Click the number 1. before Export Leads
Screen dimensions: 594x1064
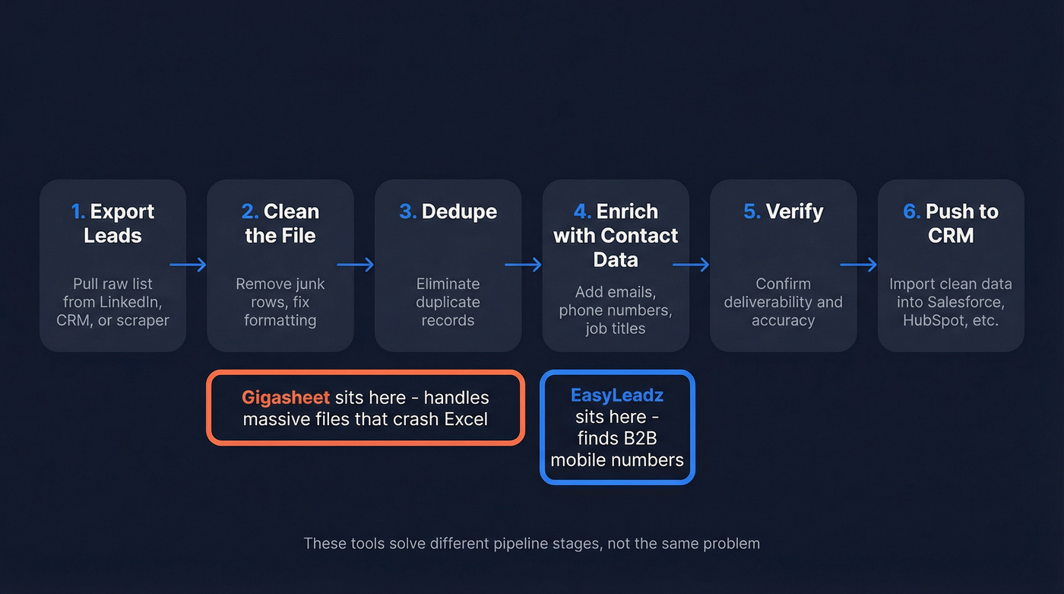tap(78, 211)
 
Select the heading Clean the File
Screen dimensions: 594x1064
tap(280, 224)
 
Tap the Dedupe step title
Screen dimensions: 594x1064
tap(448, 211)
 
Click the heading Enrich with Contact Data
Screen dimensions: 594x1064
tap(616, 235)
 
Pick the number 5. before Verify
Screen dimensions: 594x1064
tap(752, 211)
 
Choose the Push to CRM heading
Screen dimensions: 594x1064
tap(951, 224)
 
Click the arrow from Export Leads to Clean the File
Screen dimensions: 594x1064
tap(188, 265)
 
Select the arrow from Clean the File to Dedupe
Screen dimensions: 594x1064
tap(355, 265)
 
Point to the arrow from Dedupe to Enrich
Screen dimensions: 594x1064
tap(523, 265)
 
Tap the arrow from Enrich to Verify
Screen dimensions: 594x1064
tap(690, 265)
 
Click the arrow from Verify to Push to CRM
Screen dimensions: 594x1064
tap(858, 265)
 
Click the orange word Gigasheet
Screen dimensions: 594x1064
tap(286, 397)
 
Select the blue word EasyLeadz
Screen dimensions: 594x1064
tap(617, 395)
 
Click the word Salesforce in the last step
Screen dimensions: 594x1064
tap(967, 302)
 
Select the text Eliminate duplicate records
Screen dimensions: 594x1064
tap(448, 302)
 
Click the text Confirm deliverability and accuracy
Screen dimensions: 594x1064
tap(783, 302)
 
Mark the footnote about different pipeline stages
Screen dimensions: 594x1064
tap(531, 543)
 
